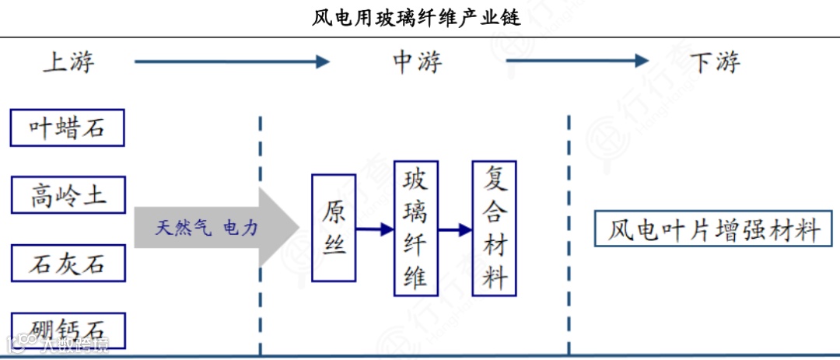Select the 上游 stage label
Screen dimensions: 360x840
[x=68, y=62]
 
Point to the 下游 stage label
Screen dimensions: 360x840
[x=715, y=62]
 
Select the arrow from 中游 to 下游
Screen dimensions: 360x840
[x=576, y=61]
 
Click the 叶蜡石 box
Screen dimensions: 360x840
[x=67, y=128]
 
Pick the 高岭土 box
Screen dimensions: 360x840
[x=68, y=195]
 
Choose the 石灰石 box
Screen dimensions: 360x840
[x=68, y=263]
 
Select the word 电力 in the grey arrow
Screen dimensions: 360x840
[x=240, y=228]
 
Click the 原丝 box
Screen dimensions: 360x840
[x=334, y=228]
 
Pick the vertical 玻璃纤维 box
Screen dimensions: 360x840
[x=415, y=229]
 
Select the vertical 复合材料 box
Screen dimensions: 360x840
[x=494, y=227]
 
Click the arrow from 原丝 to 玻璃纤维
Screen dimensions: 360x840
[x=375, y=229]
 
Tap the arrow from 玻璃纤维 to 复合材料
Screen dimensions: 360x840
[x=455, y=229]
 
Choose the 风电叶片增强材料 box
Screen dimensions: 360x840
[x=712, y=229]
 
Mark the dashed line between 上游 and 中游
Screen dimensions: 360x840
[x=260, y=233]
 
